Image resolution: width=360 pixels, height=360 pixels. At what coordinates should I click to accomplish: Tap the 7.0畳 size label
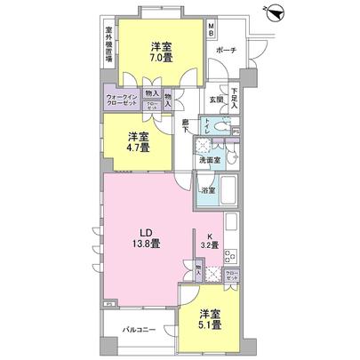160,58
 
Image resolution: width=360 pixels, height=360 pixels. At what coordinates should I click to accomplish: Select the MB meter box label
212,31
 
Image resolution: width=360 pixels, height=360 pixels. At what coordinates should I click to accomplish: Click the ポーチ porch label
226,51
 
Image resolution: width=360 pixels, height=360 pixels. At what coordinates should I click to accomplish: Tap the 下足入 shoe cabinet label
235,94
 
